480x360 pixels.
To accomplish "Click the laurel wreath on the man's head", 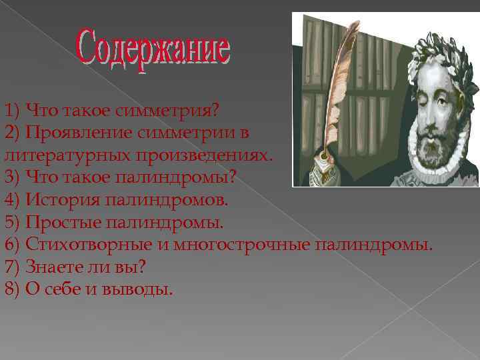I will [440, 50].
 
